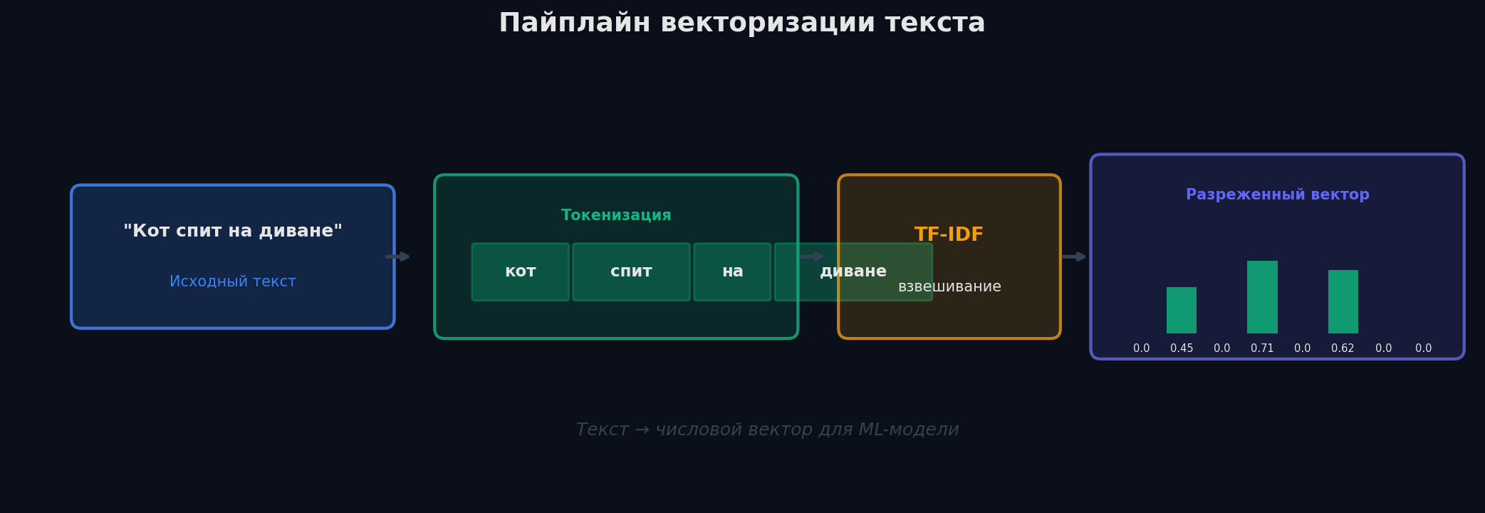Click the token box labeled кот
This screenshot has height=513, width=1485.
520,271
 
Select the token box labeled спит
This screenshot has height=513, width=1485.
631,271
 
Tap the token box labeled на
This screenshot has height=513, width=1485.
732,271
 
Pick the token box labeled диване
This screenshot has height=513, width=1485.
853,271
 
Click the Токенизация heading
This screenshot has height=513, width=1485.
616,215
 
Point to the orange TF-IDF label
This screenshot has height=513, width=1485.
949,234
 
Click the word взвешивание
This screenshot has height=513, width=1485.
949,287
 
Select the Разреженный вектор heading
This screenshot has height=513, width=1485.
1277,195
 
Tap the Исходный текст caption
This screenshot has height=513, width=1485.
233,281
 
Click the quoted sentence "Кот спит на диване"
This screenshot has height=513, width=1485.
233,231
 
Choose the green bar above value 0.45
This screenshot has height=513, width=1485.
1182,310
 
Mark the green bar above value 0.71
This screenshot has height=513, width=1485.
1262,297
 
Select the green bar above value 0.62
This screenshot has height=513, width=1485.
1343,301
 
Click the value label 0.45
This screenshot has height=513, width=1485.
1182,348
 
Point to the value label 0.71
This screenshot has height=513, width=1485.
1262,348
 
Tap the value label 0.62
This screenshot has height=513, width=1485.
1343,348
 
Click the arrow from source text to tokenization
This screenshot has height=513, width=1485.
398,256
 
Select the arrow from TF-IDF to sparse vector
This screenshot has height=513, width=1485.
1074,256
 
